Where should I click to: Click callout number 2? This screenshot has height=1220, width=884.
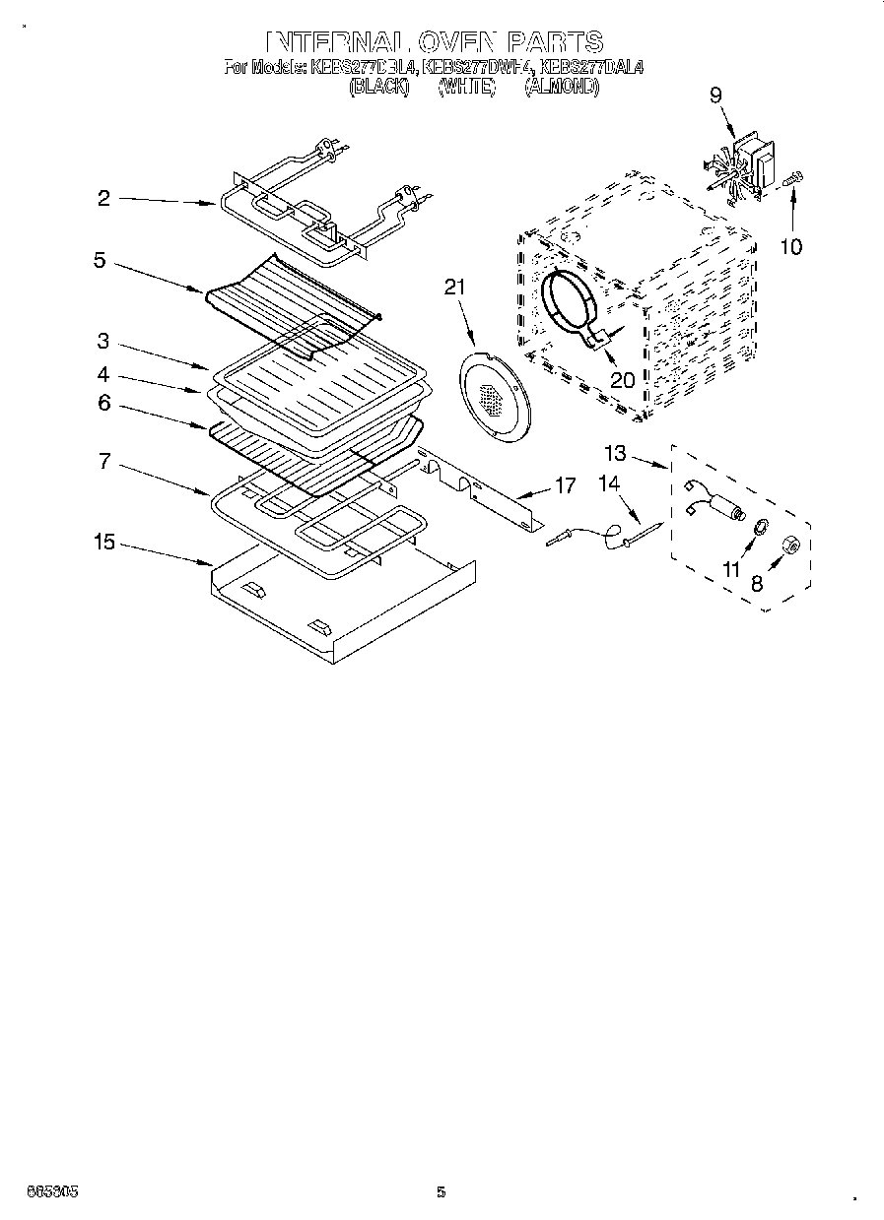click(x=102, y=198)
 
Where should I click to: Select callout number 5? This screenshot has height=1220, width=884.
click(x=100, y=261)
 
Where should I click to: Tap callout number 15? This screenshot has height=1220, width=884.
click(x=103, y=543)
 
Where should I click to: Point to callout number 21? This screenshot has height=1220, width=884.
click(x=454, y=287)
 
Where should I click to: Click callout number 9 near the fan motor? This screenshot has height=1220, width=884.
click(x=715, y=96)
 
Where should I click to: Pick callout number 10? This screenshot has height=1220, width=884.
click(x=791, y=246)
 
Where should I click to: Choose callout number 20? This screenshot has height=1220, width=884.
click(x=622, y=379)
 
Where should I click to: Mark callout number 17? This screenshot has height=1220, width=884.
click(x=565, y=484)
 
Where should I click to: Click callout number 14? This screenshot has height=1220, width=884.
click(x=611, y=483)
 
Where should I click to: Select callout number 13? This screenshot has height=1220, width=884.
click(x=615, y=453)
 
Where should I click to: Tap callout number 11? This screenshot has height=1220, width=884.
click(x=730, y=570)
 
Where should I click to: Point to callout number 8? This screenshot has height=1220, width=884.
click(x=757, y=584)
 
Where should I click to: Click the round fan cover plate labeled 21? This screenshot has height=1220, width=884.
click(x=490, y=392)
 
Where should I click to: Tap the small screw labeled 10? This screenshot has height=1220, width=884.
click(x=792, y=179)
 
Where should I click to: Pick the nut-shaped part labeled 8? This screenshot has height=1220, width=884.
click(x=788, y=545)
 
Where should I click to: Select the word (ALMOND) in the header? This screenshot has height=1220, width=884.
click(x=561, y=87)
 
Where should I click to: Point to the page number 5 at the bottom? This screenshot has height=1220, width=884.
click(x=442, y=1192)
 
